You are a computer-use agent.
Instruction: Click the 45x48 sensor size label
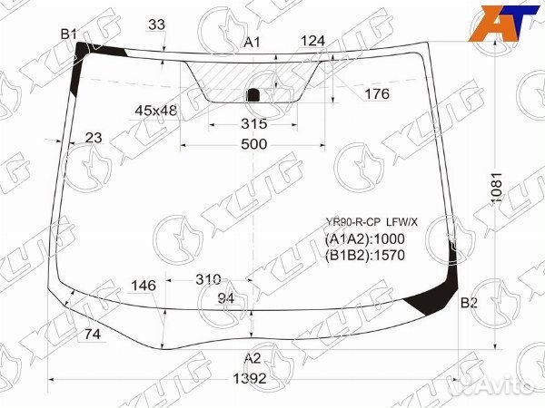tap(156, 111)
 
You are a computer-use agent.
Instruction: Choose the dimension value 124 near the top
tap(312, 41)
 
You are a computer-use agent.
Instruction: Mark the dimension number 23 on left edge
tap(94, 138)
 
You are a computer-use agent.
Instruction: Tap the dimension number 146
tap(144, 286)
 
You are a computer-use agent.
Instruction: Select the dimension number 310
tap(209, 279)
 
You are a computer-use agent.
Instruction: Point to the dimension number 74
tap(93, 335)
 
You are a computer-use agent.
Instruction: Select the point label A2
tap(252, 357)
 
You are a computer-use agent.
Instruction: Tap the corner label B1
tap(68, 34)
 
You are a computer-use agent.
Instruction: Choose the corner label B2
tap(469, 303)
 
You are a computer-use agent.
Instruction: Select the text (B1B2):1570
tap(364, 255)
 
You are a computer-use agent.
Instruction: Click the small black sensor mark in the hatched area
tap(254, 93)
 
